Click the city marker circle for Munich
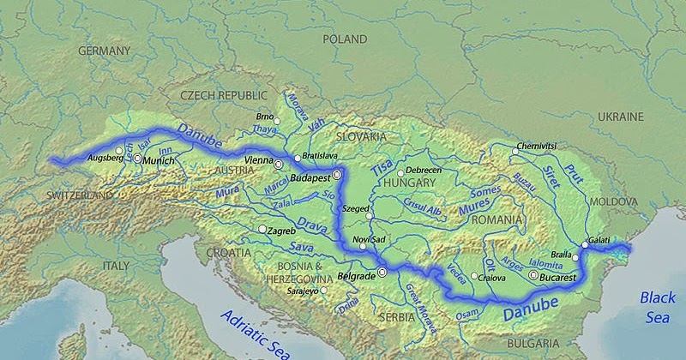(x=137, y=159)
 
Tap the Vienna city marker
(x=278, y=163)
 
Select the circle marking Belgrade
(x=382, y=273)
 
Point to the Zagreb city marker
(x=262, y=229)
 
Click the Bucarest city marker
(x=534, y=275)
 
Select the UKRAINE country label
(x=621, y=116)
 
